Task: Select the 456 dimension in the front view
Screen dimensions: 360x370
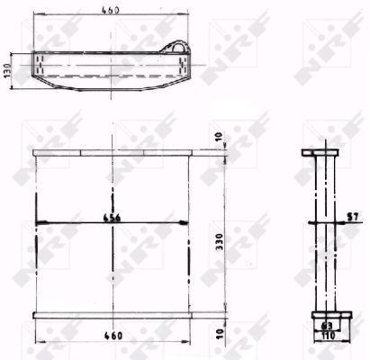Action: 111,218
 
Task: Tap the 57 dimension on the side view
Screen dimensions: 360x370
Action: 352,217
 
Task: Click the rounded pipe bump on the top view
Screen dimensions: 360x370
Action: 177,49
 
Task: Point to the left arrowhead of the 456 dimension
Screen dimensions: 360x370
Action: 39,223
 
